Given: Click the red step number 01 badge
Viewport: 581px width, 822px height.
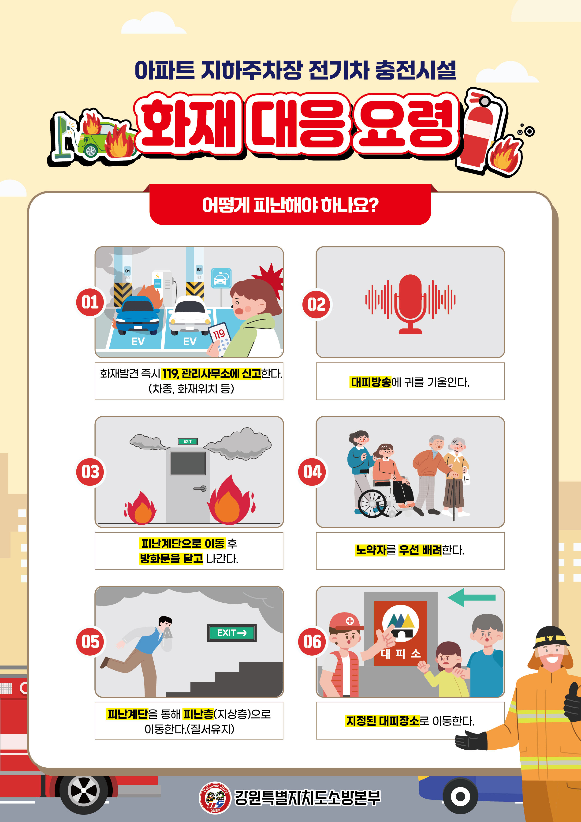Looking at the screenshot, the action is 90,302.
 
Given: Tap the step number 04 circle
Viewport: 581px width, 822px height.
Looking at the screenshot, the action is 312,471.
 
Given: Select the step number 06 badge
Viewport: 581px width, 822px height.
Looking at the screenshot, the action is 312,642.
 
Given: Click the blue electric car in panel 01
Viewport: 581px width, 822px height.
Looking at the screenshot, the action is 138,315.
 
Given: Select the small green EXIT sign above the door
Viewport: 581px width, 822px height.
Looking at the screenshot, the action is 188,441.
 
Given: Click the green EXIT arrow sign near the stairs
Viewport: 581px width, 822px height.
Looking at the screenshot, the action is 232,633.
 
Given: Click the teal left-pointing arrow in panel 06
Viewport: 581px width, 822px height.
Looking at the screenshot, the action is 471,597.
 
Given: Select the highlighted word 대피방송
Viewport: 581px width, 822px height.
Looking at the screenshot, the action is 371,382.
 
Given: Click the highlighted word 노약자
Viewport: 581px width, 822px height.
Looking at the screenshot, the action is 371,550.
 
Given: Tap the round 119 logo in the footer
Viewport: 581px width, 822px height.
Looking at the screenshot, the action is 215,797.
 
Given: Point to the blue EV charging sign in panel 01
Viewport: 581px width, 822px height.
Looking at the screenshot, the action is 221,278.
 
